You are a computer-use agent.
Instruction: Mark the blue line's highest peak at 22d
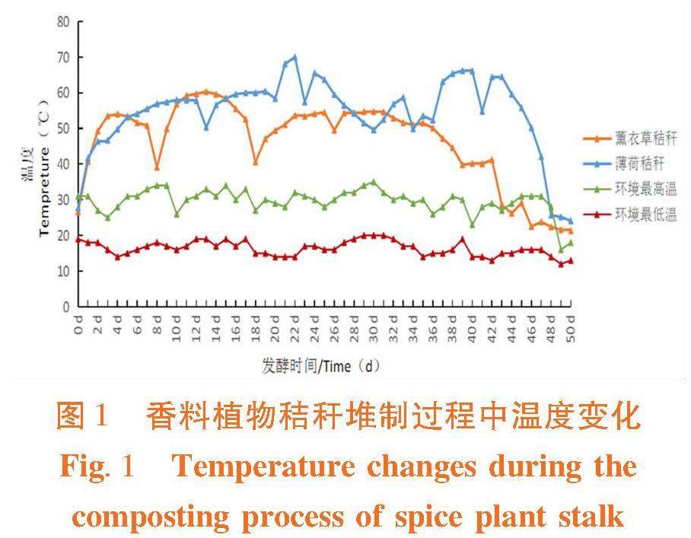[x=295, y=57]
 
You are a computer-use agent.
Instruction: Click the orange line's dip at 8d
[x=157, y=167]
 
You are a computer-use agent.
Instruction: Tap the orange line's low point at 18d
[x=255, y=162]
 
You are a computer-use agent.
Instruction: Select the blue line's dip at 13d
[x=206, y=127]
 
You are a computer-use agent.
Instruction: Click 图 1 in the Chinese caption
[x=84, y=416]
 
